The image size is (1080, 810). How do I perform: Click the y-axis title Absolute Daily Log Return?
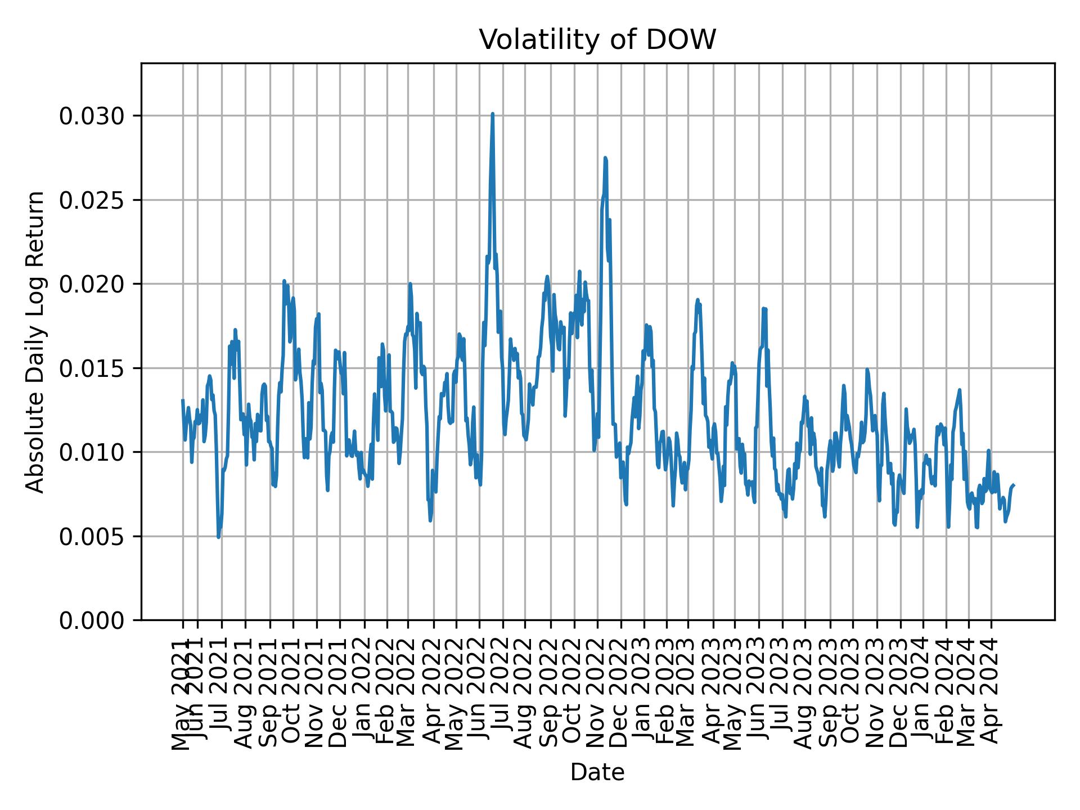point(36,342)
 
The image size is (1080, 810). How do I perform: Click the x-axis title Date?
point(597,772)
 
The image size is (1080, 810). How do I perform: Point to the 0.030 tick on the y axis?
point(92,116)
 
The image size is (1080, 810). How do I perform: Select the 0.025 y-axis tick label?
point(92,200)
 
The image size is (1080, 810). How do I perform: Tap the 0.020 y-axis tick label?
point(92,284)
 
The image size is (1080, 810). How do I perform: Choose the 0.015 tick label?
point(92,368)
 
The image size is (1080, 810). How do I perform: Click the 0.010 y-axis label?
point(92,452)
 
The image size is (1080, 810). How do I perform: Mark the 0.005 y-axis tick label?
point(92,536)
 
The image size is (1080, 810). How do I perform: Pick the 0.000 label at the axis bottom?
point(92,620)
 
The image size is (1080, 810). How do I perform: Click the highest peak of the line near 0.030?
point(492,114)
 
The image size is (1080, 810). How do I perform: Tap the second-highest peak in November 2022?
point(605,159)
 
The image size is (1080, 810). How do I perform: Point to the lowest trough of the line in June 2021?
point(218,537)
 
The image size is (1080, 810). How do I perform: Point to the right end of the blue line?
point(1014,485)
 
